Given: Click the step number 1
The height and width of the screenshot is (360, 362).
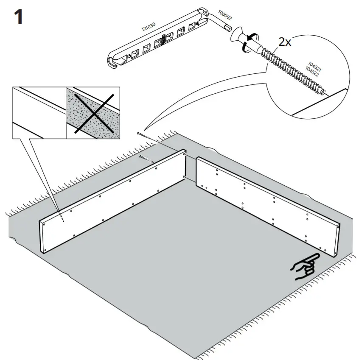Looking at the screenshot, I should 18,17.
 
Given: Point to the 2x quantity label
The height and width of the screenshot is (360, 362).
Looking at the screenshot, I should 285,42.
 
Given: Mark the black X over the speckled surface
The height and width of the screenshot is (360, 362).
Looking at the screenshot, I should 93,112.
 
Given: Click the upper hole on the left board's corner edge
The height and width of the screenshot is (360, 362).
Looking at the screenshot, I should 185,156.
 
